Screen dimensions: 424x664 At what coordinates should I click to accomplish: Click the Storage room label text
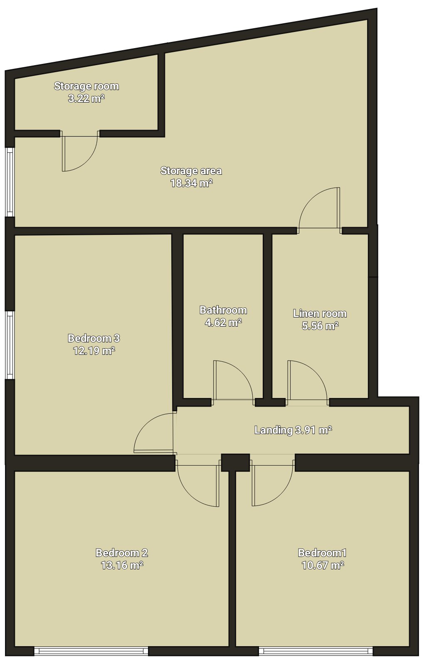86,86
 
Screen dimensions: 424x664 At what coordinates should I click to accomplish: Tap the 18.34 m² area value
191,183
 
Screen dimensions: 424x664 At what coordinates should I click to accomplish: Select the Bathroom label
223,310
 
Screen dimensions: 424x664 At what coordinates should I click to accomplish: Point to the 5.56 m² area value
320,326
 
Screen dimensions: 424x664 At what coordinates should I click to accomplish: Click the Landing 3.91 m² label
293,430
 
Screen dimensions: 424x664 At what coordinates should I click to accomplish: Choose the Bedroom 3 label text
94,338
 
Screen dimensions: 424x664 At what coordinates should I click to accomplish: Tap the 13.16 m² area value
122,566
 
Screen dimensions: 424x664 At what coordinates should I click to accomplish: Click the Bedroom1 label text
323,553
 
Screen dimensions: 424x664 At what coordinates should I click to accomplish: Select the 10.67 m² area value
323,566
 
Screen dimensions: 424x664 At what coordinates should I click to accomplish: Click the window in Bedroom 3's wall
10,345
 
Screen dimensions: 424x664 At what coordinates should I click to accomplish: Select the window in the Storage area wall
10,182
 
